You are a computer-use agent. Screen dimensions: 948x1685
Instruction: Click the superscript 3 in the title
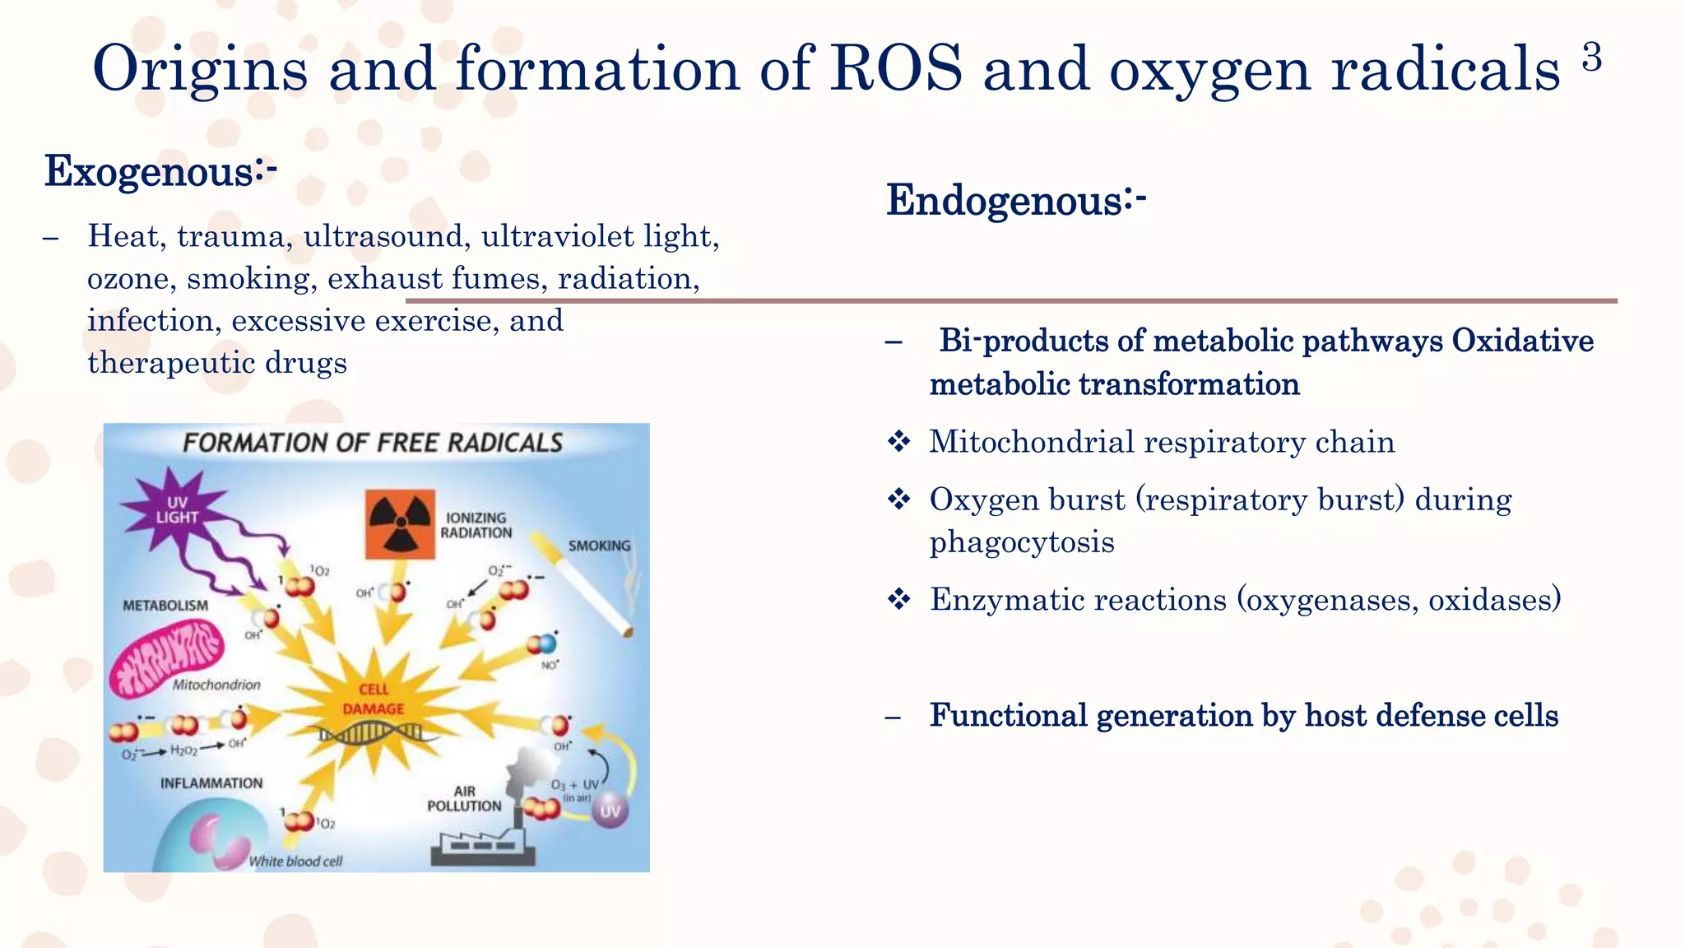click(x=1591, y=58)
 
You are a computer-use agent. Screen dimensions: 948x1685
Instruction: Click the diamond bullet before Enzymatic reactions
click(x=898, y=599)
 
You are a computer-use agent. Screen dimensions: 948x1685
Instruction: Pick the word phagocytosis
click(x=1022, y=543)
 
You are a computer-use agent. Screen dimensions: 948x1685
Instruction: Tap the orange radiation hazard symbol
click(x=400, y=524)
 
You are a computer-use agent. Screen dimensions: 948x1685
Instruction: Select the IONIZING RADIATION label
click(x=476, y=525)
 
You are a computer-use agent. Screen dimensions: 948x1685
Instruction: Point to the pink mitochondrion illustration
click(x=168, y=656)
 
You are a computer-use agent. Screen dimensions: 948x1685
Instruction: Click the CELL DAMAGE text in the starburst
click(x=373, y=699)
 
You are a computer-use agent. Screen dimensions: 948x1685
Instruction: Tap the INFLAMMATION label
click(x=211, y=783)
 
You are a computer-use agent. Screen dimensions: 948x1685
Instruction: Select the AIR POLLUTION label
click(x=464, y=799)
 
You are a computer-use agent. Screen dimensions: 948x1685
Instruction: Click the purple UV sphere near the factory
click(x=610, y=811)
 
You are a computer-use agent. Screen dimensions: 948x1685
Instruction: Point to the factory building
click(x=482, y=846)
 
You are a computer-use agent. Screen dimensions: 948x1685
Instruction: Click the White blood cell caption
click(x=295, y=862)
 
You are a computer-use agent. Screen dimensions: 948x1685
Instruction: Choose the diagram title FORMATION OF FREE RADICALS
click(x=373, y=444)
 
